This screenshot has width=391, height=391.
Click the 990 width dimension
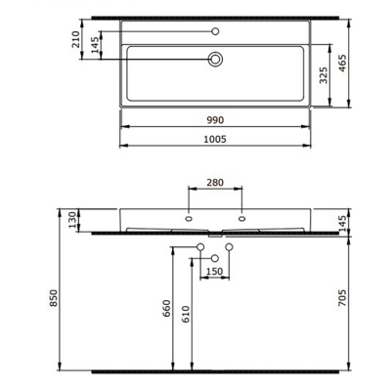216,119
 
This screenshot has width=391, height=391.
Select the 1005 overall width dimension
216,140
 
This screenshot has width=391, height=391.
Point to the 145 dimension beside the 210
95,46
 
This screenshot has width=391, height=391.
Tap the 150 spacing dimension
216,271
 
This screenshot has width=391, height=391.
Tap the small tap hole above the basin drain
216,32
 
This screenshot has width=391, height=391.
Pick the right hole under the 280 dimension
241,216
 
